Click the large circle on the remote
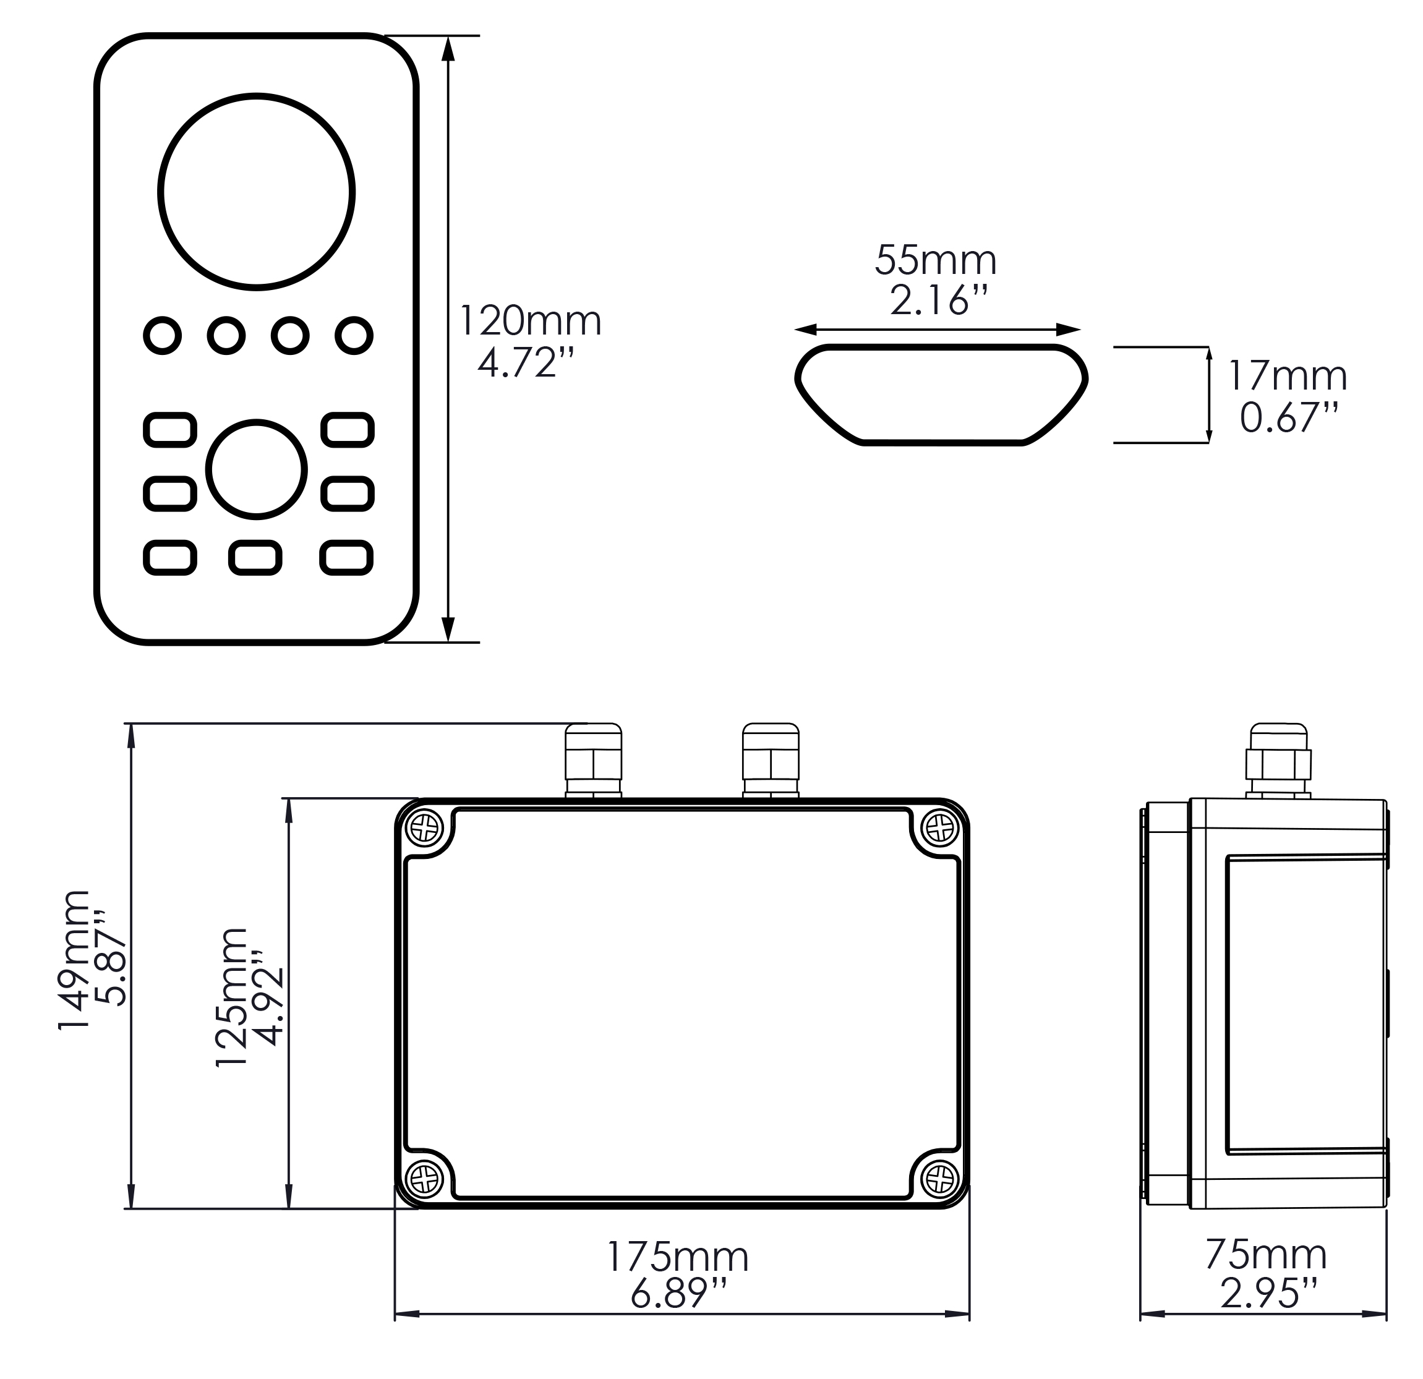[256, 192]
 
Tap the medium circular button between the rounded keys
[256, 469]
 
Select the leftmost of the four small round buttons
[163, 335]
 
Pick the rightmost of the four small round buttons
[354, 335]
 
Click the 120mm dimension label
[531, 321]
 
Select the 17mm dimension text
[1287, 376]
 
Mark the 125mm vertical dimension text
[233, 997]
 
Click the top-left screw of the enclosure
[426, 827]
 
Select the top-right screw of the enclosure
[939, 827]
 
